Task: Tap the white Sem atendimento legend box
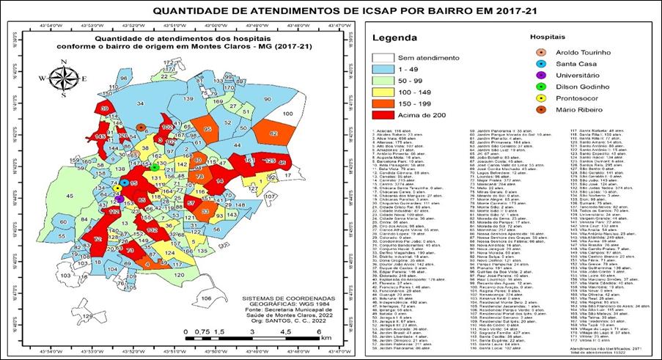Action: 384,57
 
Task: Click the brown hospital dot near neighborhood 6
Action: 141,128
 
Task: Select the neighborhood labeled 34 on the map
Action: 140,105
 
